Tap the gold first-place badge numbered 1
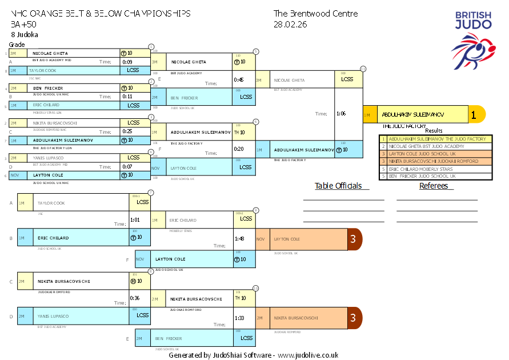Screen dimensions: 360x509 473,114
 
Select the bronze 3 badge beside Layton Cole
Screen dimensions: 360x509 354,239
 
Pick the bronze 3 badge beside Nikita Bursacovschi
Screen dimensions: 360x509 354,318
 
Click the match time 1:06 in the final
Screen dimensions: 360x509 341,114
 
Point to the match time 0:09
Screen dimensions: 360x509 127,62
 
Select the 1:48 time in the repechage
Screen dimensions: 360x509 239,239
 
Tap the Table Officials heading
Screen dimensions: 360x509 338,186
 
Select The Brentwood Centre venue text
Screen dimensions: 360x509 315,14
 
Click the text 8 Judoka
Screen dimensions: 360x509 25,34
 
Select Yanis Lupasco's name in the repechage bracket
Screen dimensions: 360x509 53,316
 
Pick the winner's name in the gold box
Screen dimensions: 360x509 413,115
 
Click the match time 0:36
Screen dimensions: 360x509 135,298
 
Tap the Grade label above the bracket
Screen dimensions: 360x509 17,44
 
